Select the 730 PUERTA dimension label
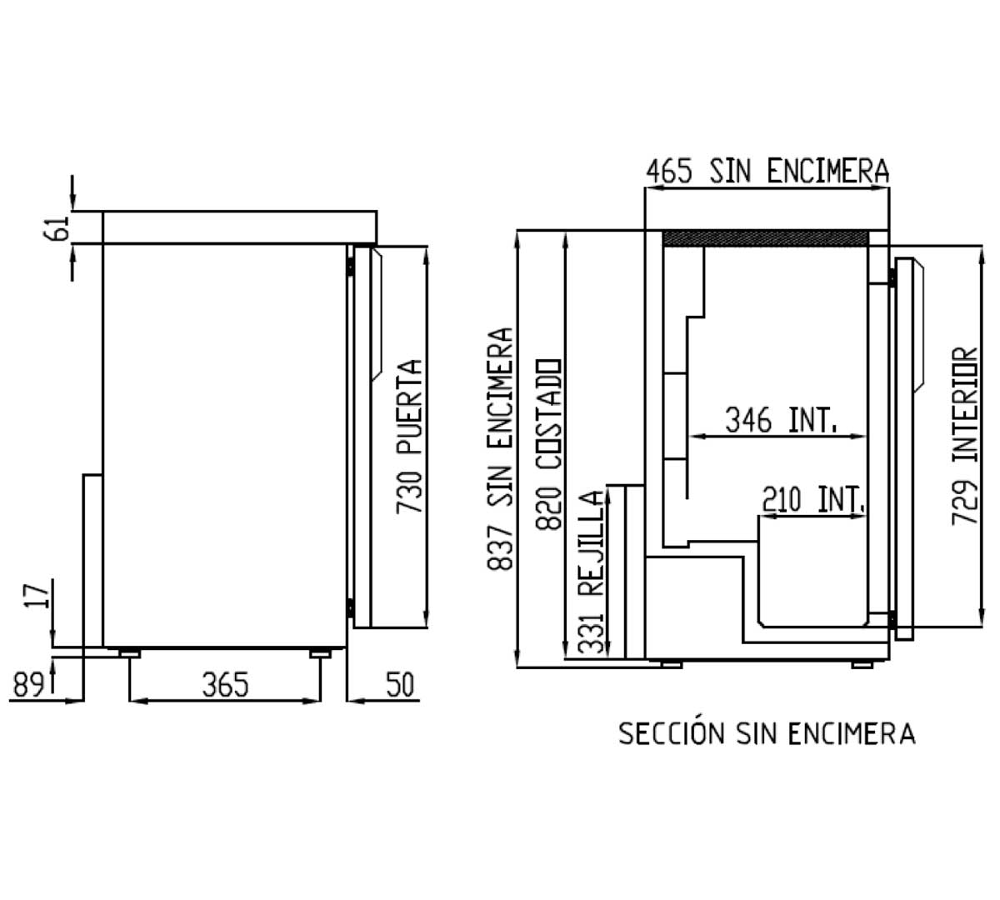(410, 436)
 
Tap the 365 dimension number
(225, 685)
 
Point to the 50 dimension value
(400, 685)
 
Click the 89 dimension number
(27, 685)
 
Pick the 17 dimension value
(37, 595)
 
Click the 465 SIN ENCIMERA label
(767, 171)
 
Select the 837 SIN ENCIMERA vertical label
(499, 449)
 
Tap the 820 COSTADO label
(549, 444)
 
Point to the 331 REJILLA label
(593, 572)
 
